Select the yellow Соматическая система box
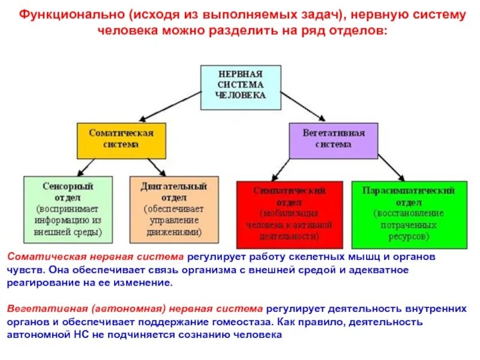tap(121, 140)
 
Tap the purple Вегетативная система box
tap(334, 140)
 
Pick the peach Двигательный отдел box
tap(173, 207)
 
